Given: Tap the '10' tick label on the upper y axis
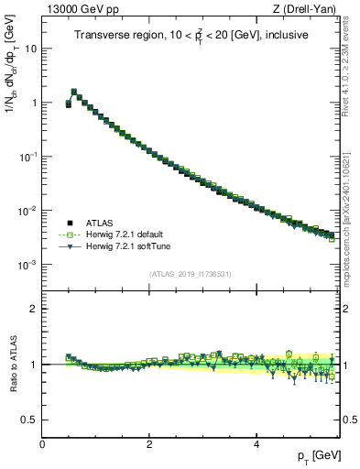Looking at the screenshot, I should [x=30, y=49].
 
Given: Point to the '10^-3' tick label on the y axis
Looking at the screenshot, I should [x=27, y=265].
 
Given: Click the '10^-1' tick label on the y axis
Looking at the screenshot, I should [x=27, y=157].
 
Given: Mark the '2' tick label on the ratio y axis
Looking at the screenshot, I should [x=34, y=309].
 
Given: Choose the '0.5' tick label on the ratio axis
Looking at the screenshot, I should [x=30, y=420].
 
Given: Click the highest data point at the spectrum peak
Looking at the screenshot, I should [x=74, y=92].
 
